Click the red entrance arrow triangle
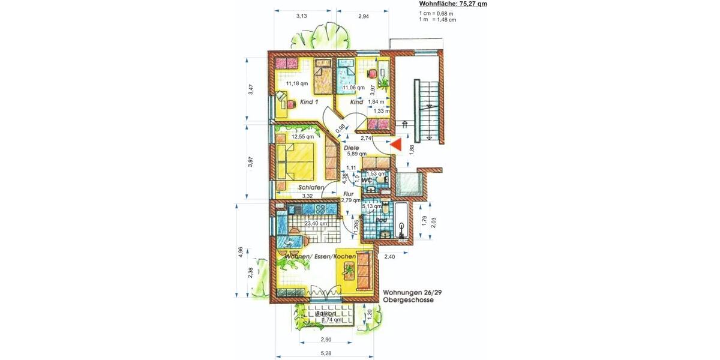point(395,145)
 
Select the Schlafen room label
point(311,188)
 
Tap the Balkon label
point(325,313)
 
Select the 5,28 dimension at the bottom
point(326,353)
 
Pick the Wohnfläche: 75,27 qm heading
point(453,4)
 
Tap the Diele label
point(351,147)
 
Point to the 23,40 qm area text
point(316,223)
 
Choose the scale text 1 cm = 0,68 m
point(436,13)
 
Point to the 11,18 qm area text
point(296,84)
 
